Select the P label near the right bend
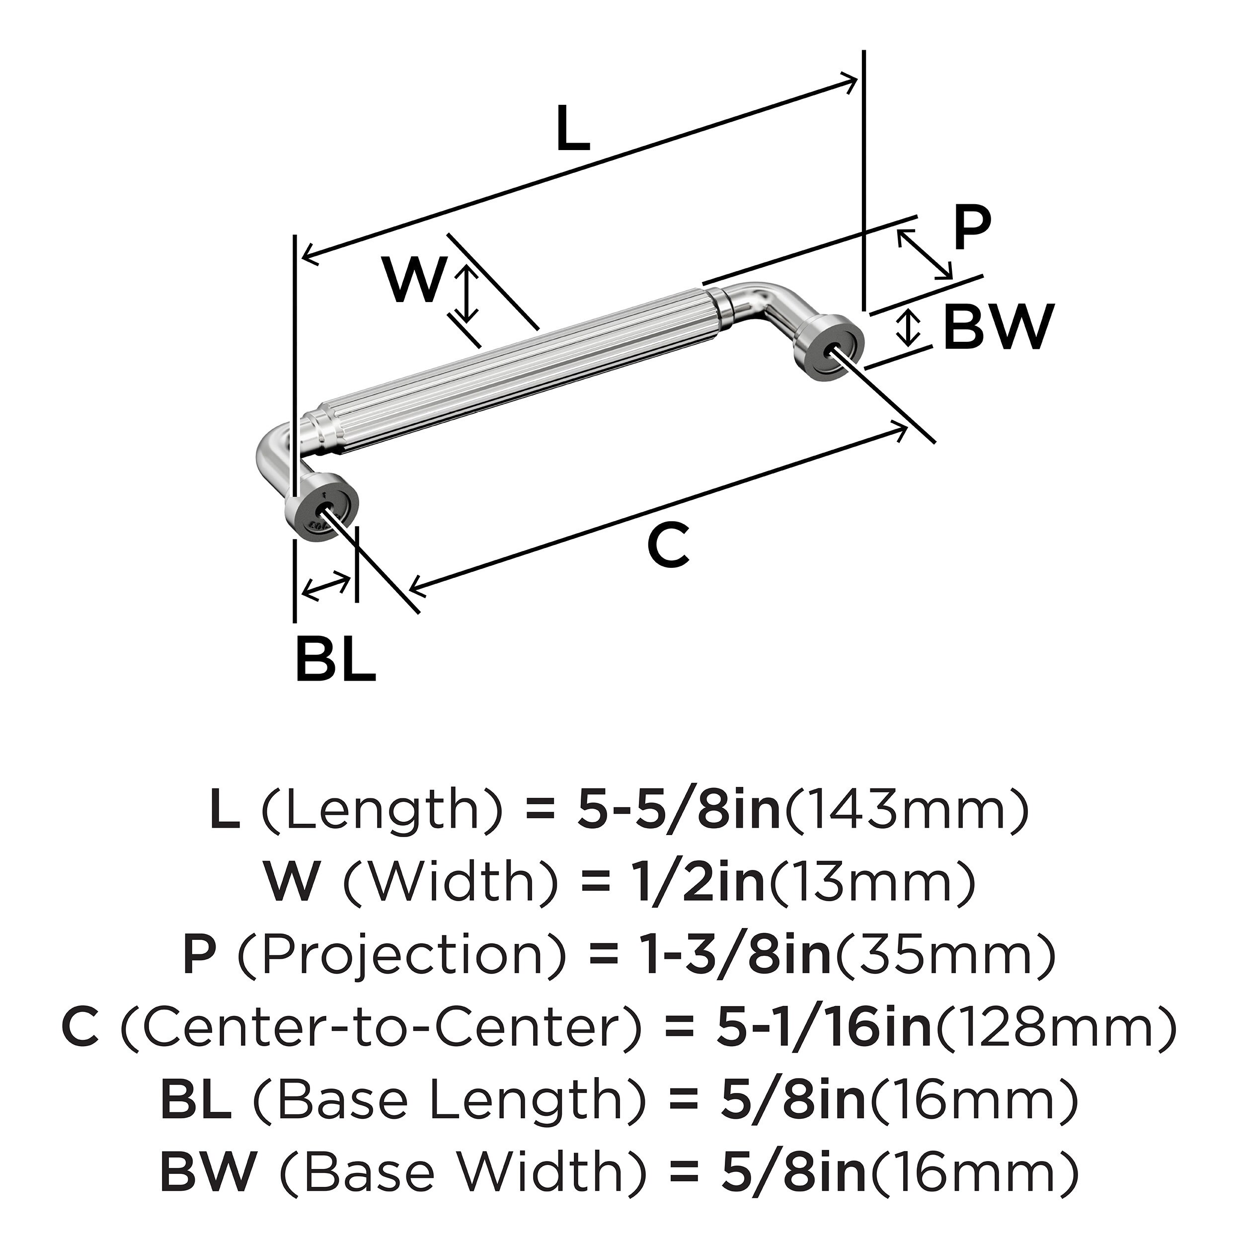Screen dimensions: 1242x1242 coord(972,230)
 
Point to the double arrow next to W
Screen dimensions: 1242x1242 coord(469,295)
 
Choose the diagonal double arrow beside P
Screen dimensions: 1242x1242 coord(925,254)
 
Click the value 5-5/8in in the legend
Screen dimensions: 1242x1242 coord(678,811)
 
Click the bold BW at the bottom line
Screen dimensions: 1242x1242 coord(209,1172)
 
